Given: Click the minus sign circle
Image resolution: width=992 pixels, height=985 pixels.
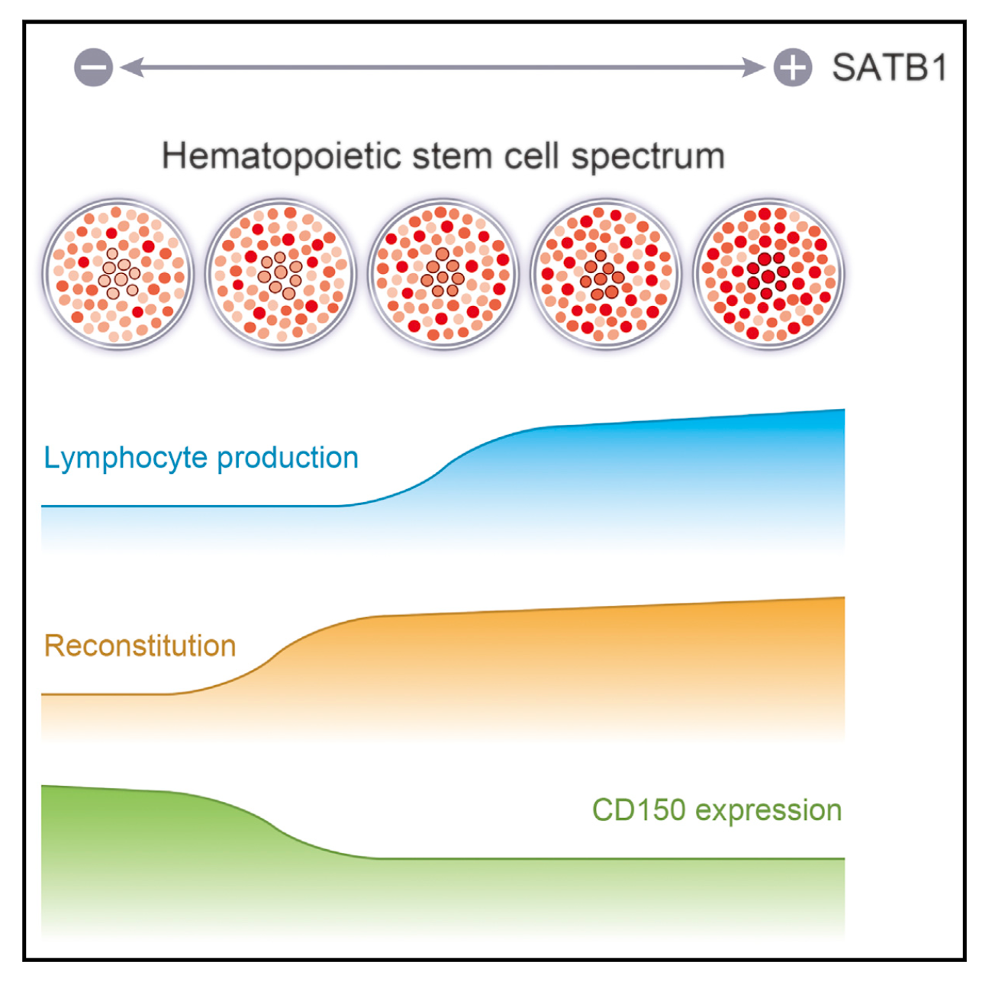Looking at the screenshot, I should tap(93, 67).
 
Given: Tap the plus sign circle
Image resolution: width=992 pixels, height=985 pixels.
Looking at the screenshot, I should tap(793, 67).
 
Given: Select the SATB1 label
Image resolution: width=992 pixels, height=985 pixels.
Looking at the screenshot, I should tap(889, 68).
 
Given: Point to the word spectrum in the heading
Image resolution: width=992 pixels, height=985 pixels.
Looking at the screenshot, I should tap(648, 157).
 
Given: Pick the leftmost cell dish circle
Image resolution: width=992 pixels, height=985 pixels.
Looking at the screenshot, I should tap(118, 273).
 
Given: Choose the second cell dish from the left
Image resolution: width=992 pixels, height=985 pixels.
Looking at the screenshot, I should tap(281, 273).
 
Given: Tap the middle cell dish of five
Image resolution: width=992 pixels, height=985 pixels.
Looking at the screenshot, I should tap(443, 273).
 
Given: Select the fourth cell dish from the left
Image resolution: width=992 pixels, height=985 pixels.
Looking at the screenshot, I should tap(606, 273).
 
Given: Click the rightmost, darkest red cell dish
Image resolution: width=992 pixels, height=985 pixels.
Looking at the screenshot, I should tap(768, 273).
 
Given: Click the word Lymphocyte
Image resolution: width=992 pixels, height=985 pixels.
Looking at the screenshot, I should tap(125, 459).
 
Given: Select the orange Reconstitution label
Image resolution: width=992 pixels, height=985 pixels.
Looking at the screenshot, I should tap(140, 646).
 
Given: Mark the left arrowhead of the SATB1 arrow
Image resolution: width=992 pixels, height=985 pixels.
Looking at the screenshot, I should tap(130, 67).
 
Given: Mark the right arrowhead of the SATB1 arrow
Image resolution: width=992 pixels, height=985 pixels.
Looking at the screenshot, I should tap(755, 67).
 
